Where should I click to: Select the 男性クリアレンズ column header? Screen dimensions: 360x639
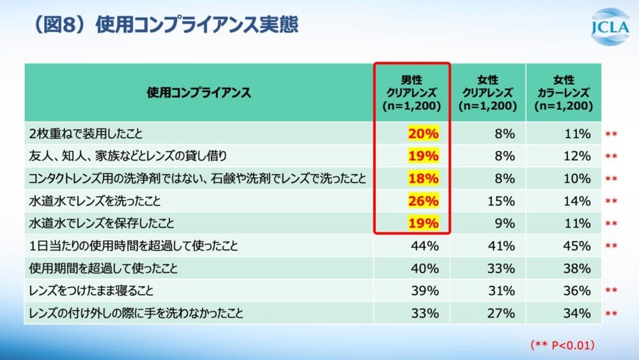(412, 93)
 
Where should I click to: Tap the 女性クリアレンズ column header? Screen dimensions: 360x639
(488, 93)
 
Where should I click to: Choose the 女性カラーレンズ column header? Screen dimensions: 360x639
(564, 93)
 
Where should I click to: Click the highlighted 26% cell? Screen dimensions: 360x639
(423, 201)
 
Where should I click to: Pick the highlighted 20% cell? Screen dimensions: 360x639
(423, 134)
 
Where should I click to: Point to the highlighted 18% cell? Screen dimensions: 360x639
(423, 178)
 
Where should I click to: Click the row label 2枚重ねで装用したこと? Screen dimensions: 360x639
(86, 134)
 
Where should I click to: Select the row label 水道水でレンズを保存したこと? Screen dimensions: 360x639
(102, 223)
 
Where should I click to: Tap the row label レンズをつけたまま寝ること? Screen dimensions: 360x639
(93, 291)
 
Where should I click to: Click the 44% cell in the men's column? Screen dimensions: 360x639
(425, 246)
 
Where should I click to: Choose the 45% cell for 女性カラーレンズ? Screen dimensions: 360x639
(577, 246)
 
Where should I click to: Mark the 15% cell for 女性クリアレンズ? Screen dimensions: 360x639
(501, 201)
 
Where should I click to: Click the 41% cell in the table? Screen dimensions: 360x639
(501, 246)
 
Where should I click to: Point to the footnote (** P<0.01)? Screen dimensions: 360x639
(563, 345)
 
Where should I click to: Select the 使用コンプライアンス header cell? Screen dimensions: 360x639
(199, 93)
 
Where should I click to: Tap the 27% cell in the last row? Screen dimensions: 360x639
(501, 313)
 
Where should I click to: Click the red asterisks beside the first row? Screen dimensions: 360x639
(611, 134)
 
